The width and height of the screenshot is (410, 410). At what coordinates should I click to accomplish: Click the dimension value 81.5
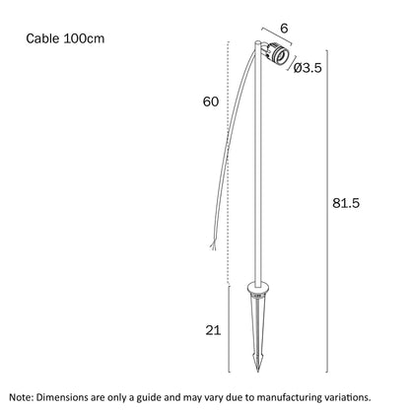pyautogui.click(x=346, y=203)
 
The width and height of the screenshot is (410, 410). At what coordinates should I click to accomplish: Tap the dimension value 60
pyautogui.click(x=211, y=102)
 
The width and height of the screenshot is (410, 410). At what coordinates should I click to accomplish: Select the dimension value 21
pyautogui.click(x=213, y=330)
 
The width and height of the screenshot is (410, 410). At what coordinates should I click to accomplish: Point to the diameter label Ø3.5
pyautogui.click(x=307, y=68)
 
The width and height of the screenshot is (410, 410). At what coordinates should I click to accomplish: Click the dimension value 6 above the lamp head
pyautogui.click(x=284, y=29)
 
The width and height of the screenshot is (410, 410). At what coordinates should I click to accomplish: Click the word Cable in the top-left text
pyautogui.click(x=42, y=38)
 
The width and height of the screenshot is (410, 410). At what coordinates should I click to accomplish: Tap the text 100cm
pyautogui.click(x=84, y=38)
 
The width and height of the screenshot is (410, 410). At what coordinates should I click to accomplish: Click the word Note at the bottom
pyautogui.click(x=22, y=397)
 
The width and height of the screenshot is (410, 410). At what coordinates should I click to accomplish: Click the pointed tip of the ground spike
pyautogui.click(x=258, y=372)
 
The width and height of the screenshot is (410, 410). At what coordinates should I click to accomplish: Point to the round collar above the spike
pyautogui.click(x=258, y=288)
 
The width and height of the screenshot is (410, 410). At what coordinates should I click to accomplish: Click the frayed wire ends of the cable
pyautogui.click(x=213, y=245)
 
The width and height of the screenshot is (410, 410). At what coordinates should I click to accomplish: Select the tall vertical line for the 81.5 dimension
pyautogui.click(x=326, y=211)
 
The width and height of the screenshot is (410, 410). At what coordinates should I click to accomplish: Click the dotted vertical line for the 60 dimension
pyautogui.click(x=228, y=163)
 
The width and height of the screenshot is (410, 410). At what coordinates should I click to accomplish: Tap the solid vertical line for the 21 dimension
pyautogui.click(x=229, y=329)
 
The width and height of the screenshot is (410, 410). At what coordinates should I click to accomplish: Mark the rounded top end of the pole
pyautogui.click(x=258, y=42)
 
